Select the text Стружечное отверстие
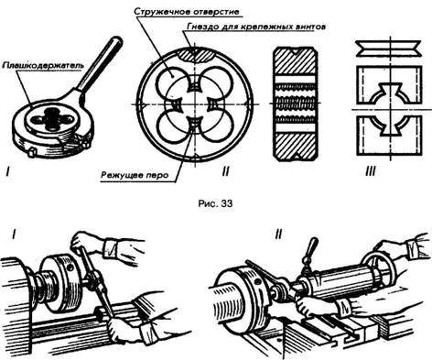[186, 12]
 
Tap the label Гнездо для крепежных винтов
[255, 27]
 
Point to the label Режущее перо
[135, 176]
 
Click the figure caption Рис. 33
[215, 203]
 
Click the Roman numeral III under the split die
[371, 172]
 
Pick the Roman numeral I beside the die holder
[7, 172]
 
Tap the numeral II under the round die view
[225, 172]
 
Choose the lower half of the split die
[389, 136]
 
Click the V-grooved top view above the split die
[388, 49]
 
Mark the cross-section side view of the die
[295, 104]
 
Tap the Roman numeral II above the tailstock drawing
[278, 235]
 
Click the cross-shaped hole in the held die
[50, 117]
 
